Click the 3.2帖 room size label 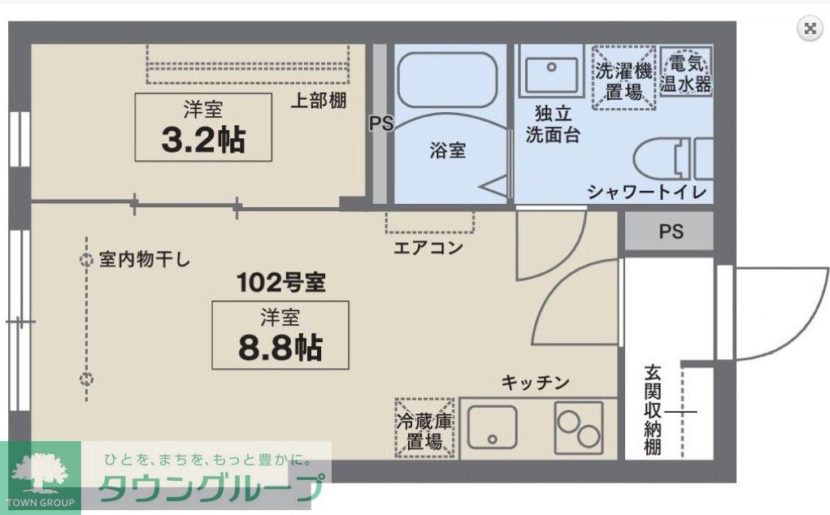[x=203, y=140]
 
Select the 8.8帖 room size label [x=280, y=347]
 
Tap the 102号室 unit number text [x=280, y=283]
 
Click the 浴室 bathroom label [x=447, y=150]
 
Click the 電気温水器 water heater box [x=685, y=72]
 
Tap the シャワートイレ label [x=647, y=192]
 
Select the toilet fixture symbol [x=671, y=158]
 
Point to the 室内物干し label [x=145, y=260]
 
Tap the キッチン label [x=535, y=382]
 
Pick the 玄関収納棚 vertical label [x=652, y=410]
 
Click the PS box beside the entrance [x=670, y=232]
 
